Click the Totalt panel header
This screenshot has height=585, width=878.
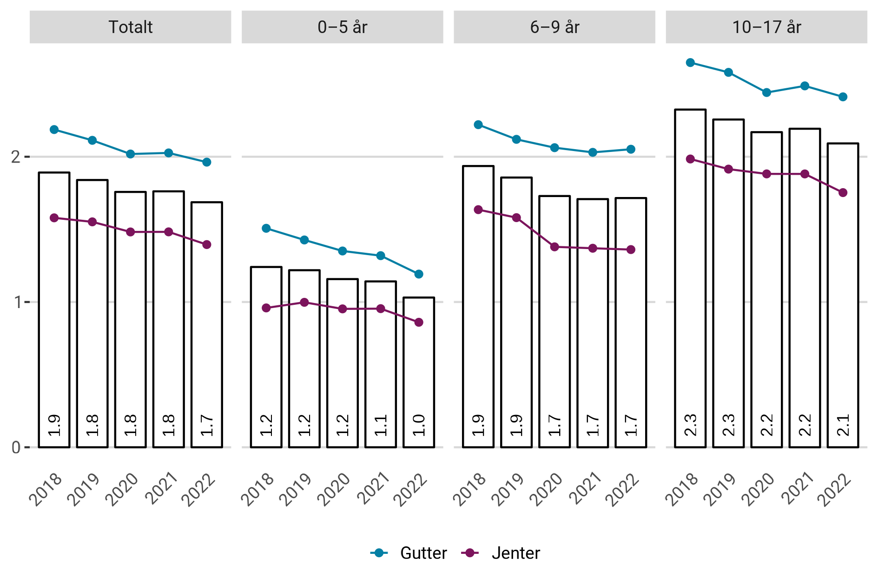(x=130, y=27)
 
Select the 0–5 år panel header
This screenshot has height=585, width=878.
(x=342, y=27)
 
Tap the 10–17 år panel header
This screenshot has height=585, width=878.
(x=766, y=27)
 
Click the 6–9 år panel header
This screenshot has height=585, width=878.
(x=554, y=27)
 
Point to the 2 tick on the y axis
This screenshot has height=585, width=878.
(x=16, y=157)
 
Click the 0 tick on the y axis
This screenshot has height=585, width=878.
(x=16, y=447)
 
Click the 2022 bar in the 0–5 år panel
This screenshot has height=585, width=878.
(x=419, y=372)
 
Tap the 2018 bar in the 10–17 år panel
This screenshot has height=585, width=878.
(x=690, y=278)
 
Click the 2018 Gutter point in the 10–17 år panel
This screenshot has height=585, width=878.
(x=690, y=63)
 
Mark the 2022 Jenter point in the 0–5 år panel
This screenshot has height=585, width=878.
(x=419, y=322)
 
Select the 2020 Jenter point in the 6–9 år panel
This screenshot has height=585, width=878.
(x=555, y=247)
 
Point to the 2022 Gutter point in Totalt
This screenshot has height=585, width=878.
(x=207, y=162)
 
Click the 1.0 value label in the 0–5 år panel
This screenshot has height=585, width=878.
(x=419, y=425)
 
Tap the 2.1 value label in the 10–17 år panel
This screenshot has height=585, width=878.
(x=843, y=425)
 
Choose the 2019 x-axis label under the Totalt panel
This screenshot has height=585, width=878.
(x=83, y=489)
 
